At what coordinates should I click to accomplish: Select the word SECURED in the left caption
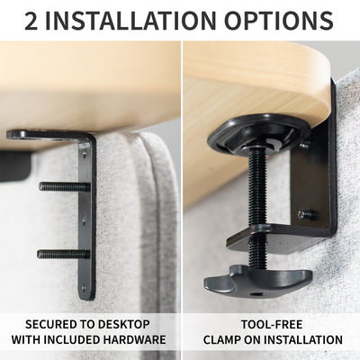pos(54,324)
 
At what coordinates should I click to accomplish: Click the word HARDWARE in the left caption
pos(137,340)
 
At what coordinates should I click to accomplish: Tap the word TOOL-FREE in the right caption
pos(272,324)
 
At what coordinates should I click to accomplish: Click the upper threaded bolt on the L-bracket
pos(63,186)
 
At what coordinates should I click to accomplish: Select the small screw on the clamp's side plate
pos(307,214)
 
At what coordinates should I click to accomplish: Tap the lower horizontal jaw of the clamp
pos(270,237)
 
